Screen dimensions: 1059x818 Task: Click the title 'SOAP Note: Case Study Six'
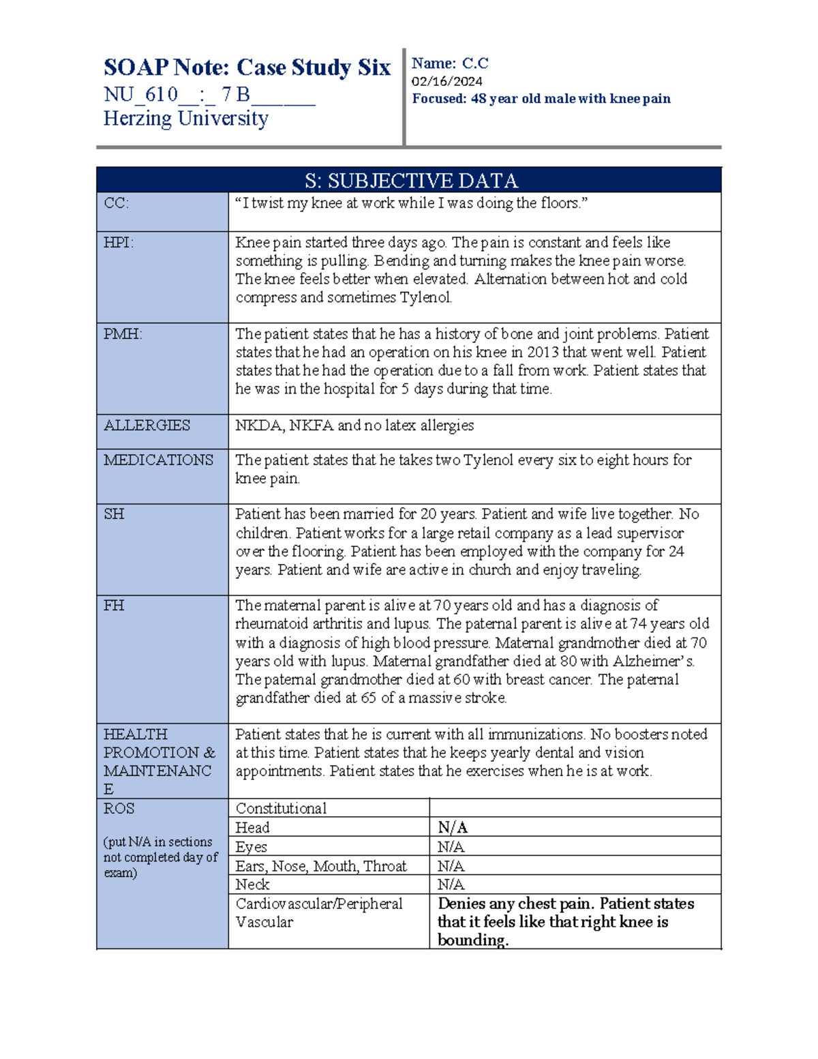[247, 68]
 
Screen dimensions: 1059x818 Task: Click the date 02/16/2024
[446, 81]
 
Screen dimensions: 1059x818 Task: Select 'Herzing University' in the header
[185, 119]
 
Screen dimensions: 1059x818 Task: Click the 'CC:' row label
[116, 203]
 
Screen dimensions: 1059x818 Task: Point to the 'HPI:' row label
[119, 243]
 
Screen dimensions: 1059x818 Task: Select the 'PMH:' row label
[123, 334]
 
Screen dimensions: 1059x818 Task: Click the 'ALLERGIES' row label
[147, 426]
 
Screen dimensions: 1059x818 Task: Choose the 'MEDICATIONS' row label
[158, 460]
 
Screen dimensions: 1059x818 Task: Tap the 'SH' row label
[114, 514]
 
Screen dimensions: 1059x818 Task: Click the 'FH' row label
[113, 606]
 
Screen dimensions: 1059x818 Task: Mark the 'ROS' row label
[119, 809]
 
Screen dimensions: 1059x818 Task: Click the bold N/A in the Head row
[452, 828]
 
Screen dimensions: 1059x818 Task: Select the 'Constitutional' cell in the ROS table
[281, 809]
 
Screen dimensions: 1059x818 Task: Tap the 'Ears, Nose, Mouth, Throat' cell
[321, 866]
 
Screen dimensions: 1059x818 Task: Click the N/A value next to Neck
[451, 884]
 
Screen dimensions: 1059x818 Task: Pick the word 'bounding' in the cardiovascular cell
[472, 940]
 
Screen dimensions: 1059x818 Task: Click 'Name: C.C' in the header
[450, 63]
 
